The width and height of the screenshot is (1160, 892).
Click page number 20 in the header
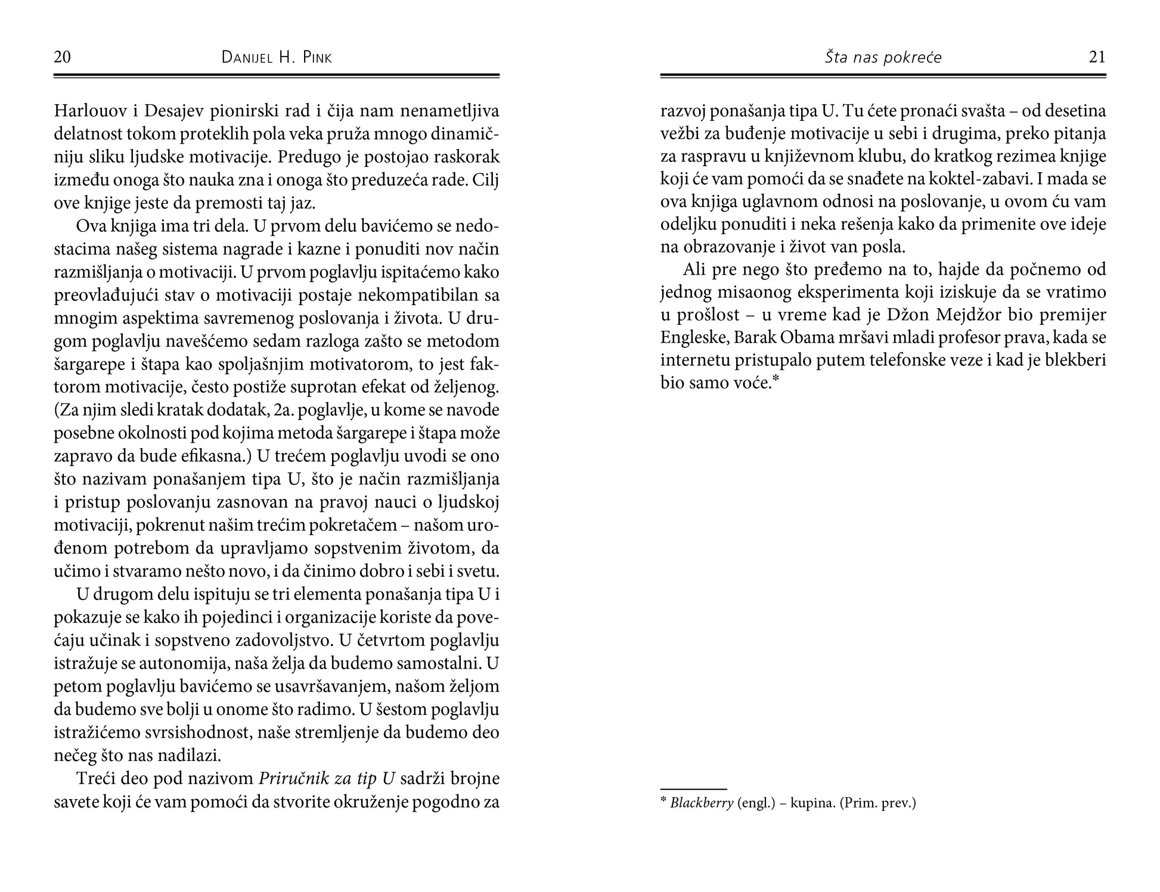(x=62, y=57)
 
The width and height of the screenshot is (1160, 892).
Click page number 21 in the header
(x=1097, y=57)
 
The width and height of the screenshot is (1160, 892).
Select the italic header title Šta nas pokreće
(x=883, y=57)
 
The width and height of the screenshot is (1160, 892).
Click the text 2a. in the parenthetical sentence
(x=287, y=411)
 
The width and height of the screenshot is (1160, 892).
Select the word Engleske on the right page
(x=693, y=338)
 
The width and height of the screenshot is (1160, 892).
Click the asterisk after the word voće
(x=776, y=380)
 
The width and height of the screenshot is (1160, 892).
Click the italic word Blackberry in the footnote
(x=701, y=803)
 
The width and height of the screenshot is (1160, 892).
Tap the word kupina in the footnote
(x=811, y=803)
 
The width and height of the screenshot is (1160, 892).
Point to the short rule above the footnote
(x=693, y=789)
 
